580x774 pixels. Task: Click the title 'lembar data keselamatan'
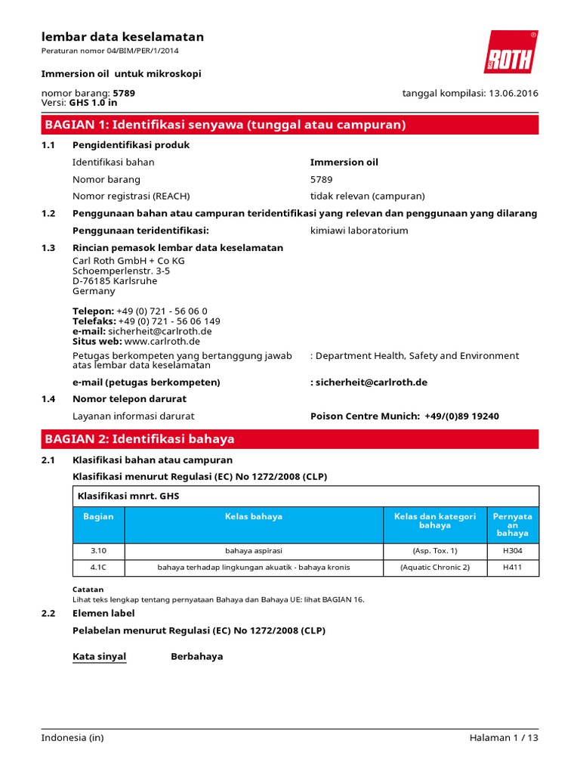pyautogui.click(x=122, y=37)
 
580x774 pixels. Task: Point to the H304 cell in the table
pyautogui.click(x=512, y=551)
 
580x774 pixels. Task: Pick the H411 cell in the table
pyautogui.click(x=512, y=568)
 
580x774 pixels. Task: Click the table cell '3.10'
pyautogui.click(x=98, y=551)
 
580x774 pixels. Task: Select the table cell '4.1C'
pyautogui.click(x=98, y=568)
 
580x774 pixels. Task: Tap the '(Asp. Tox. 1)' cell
pyautogui.click(x=434, y=551)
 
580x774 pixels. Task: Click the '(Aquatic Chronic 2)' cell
pyautogui.click(x=434, y=568)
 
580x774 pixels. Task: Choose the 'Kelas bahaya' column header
pyautogui.click(x=254, y=517)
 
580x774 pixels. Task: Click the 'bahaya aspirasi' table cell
pyautogui.click(x=254, y=551)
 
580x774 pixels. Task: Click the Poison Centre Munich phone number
pyautogui.click(x=461, y=416)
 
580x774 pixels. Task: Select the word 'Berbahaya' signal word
pyautogui.click(x=197, y=656)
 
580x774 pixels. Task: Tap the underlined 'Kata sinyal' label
pyautogui.click(x=99, y=656)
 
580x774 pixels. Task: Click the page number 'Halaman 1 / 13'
pyautogui.click(x=502, y=738)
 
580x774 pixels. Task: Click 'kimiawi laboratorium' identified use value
pyautogui.click(x=359, y=231)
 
